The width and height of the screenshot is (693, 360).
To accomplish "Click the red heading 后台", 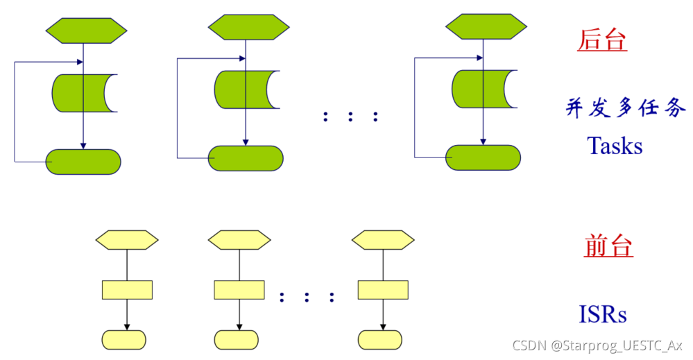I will [x=601, y=41].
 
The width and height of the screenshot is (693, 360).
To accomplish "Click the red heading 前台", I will [x=608, y=246].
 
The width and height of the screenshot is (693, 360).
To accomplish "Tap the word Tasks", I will [x=614, y=146].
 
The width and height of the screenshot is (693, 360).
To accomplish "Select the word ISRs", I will [x=603, y=314].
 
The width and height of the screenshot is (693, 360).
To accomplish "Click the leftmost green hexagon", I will [x=87, y=30].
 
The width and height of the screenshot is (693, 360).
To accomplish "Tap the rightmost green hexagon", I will [x=486, y=27].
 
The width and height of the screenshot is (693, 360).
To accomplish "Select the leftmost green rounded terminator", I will [x=83, y=162].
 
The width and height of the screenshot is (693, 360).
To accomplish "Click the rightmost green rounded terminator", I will [x=483, y=157].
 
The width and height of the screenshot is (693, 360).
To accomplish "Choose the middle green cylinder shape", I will [x=242, y=89].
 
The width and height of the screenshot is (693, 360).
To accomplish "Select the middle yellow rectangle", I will [x=239, y=290].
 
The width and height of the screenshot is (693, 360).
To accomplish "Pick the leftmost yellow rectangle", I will [x=127, y=290].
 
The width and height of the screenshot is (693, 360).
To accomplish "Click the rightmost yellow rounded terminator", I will [x=380, y=340].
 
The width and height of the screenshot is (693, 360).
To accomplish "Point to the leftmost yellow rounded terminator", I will [x=124, y=340].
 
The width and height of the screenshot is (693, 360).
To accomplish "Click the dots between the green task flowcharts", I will [x=350, y=117].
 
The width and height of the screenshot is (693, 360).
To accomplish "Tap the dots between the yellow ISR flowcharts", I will [x=306, y=298].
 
